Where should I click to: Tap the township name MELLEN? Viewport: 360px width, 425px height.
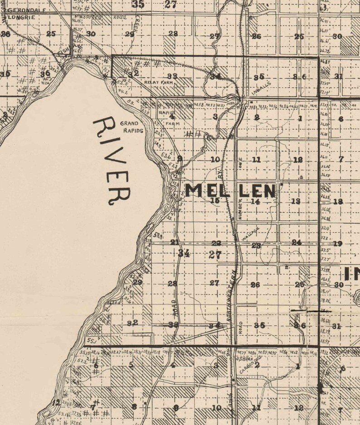coord(230,191)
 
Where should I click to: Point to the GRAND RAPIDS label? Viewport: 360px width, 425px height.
coord(131,127)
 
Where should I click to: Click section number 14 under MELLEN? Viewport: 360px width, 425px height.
coord(256,202)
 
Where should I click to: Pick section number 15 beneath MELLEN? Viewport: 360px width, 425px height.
coord(215,201)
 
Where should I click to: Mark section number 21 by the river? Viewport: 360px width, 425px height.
coord(175,242)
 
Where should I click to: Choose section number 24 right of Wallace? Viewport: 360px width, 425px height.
coord(297,242)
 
